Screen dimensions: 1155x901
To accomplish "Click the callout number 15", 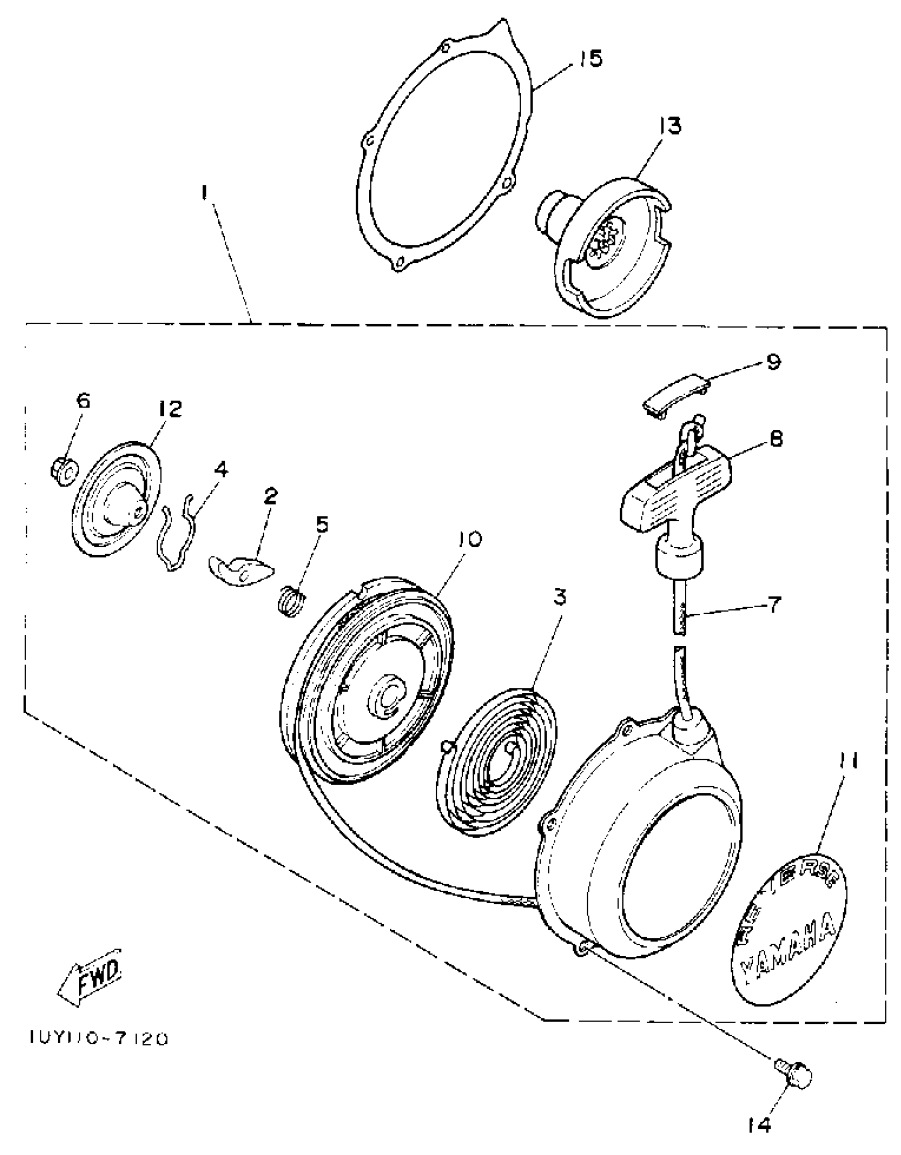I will pyautogui.click(x=590, y=59).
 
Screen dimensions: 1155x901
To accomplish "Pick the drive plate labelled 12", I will pyautogui.click(x=117, y=498).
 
